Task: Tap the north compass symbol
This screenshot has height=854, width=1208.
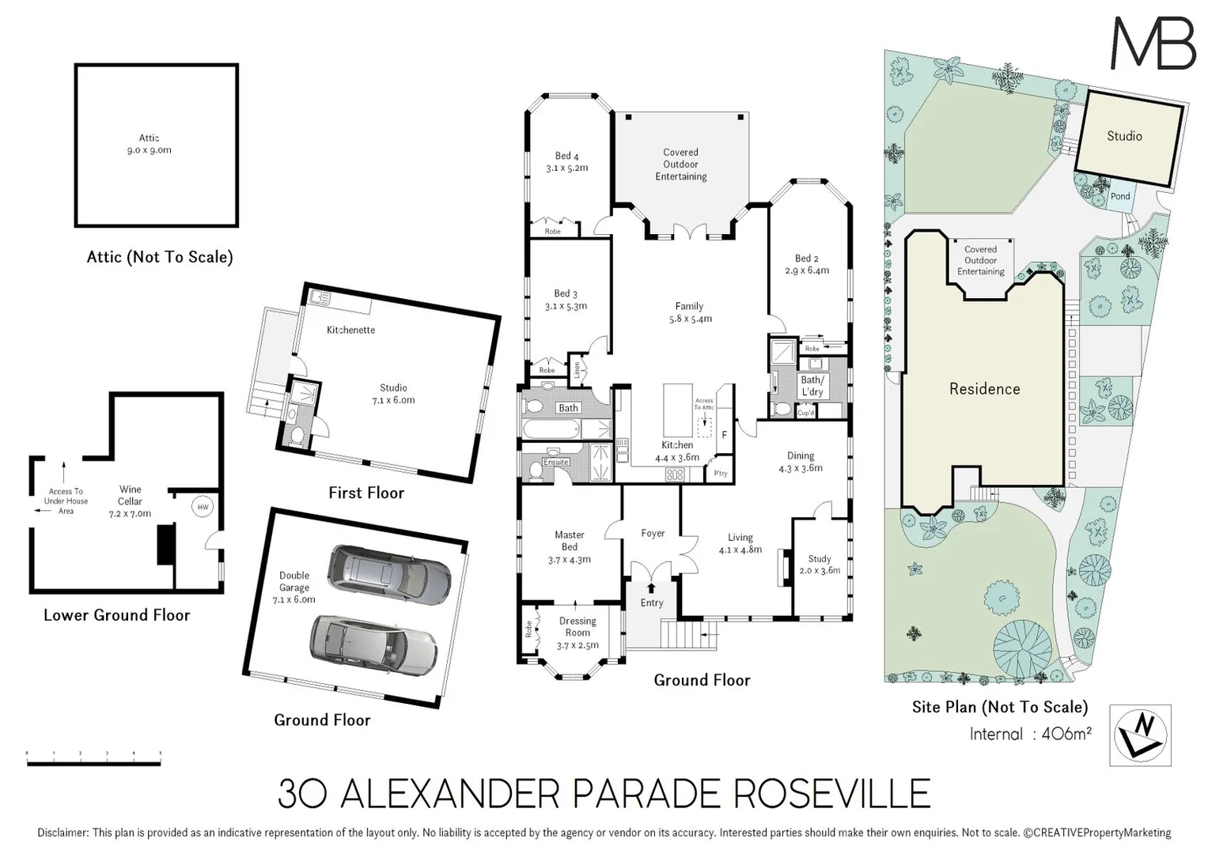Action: pos(1140,735)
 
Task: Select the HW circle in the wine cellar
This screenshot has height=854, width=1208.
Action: pos(203,507)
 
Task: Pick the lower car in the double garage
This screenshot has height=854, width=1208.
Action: pos(373,643)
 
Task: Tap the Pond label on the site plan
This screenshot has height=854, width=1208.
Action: pos(1120,196)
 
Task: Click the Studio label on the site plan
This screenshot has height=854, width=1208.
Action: pos(1124,136)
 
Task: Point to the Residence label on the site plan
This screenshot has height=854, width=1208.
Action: pos(984,389)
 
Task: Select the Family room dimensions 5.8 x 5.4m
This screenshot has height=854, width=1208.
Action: pos(689,319)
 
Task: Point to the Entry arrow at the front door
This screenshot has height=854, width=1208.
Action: pos(651,588)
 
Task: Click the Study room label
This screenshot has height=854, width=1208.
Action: pos(819,558)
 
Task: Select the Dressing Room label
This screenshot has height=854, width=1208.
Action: pos(577,626)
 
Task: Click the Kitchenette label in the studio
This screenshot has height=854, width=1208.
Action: pos(350,330)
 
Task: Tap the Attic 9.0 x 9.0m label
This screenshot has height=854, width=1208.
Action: pos(149,144)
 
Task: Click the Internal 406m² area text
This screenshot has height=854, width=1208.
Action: pos(1030,734)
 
